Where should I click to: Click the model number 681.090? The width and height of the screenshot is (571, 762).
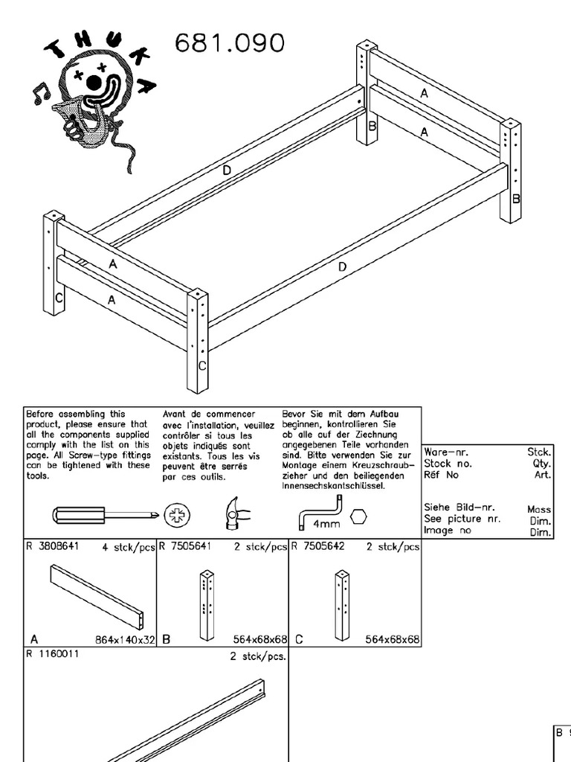pos(229,44)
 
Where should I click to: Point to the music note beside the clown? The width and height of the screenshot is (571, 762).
pos(39,93)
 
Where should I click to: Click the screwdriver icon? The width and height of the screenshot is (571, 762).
pos(104,516)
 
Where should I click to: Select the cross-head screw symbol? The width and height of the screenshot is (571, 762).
pos(177,516)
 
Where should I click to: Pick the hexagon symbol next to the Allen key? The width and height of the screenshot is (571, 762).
pos(358,515)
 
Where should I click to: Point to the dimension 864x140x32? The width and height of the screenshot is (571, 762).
pos(124,639)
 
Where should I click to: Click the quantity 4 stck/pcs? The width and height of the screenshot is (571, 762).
pos(129,547)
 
